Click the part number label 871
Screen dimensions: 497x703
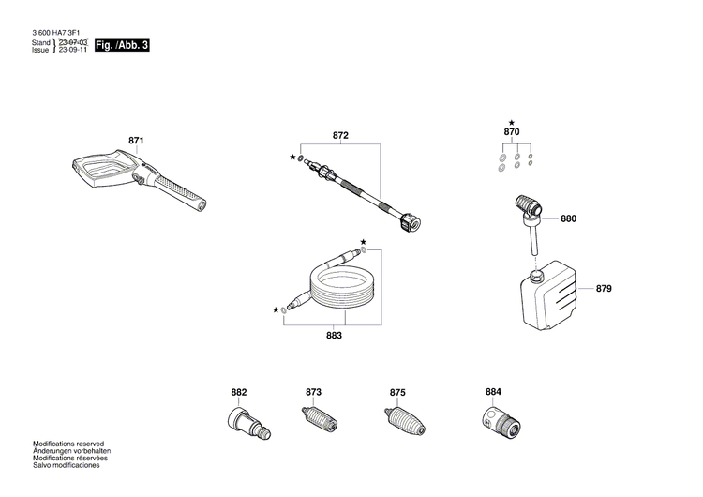tap(136, 142)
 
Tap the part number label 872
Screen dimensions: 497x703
tap(340, 136)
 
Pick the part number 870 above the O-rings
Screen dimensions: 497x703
tap(511, 134)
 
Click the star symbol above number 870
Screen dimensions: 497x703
tap(511, 122)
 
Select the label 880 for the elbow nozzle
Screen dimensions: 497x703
tap(569, 218)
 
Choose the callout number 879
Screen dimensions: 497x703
tap(604, 288)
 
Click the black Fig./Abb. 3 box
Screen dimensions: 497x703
tap(123, 46)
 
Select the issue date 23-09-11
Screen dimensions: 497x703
tap(72, 51)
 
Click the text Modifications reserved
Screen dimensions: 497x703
tap(68, 444)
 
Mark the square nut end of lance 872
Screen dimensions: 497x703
tap(410, 223)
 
